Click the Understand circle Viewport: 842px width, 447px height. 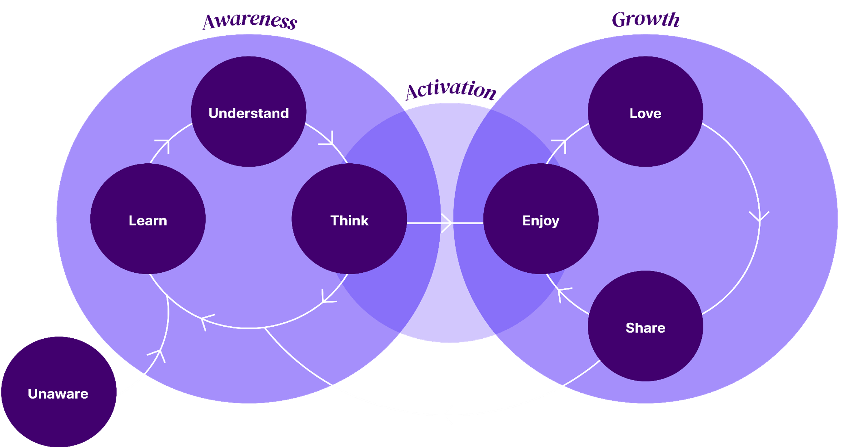click(x=249, y=112)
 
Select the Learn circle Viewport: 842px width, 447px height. click(x=148, y=219)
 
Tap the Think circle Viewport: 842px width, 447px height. click(x=349, y=219)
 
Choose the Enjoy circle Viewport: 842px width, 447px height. click(x=541, y=219)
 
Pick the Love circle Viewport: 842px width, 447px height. click(x=645, y=112)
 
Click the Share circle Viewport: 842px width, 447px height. click(x=645, y=326)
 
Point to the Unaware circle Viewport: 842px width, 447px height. click(x=59, y=392)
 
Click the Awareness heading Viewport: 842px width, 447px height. click(x=250, y=21)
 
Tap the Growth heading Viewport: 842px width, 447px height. click(x=646, y=19)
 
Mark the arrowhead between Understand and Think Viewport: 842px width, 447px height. click(x=328, y=139)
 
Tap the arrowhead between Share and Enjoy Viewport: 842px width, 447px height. click(x=563, y=294)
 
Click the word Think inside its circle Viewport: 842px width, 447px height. click(x=349, y=221)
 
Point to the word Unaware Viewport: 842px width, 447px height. click(x=58, y=394)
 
